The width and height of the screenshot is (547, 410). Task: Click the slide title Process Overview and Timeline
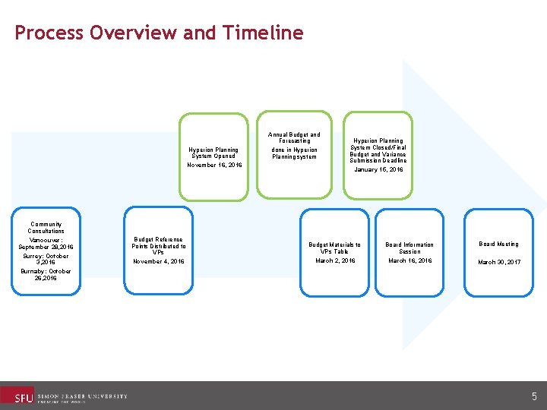[x=159, y=33]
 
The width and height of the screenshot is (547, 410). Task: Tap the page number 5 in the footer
[x=534, y=396]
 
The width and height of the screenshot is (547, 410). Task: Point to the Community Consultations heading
[x=46, y=228]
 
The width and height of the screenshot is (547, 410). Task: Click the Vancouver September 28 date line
[x=46, y=243]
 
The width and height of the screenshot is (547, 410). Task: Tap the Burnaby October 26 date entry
[x=46, y=274]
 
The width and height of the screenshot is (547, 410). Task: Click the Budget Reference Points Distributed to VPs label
[x=158, y=245]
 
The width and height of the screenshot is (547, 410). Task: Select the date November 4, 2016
[x=158, y=261]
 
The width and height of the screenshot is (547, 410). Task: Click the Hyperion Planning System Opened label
[x=214, y=153]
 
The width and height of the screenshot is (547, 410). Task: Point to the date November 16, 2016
[x=214, y=165]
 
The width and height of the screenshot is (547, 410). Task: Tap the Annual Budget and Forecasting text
[x=295, y=137]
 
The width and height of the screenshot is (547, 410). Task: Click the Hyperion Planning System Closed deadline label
[x=378, y=150]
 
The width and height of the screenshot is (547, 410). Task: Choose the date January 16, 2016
[x=378, y=170]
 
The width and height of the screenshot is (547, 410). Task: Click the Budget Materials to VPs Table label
[x=334, y=248]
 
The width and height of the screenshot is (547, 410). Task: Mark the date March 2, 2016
[x=334, y=260]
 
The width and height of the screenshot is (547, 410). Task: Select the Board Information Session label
[x=409, y=248]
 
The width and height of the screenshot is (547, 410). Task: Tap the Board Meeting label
[x=498, y=244]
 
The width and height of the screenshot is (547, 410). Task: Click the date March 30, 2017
[x=498, y=262]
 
